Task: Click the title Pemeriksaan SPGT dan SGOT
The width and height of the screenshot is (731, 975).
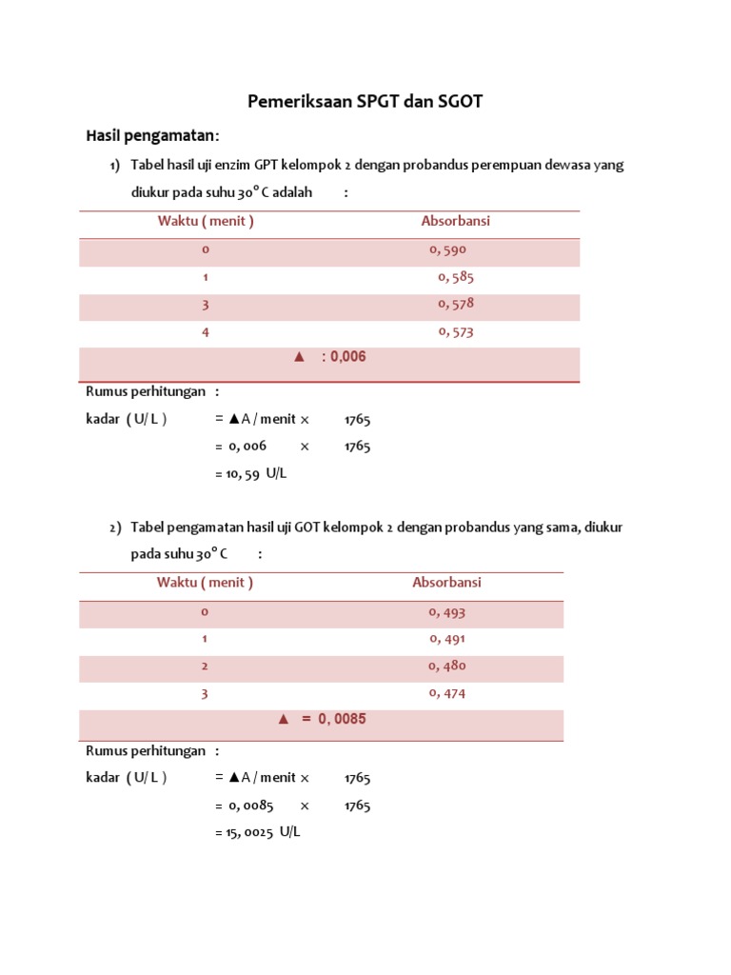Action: (365, 101)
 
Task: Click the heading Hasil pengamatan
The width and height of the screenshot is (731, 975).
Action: (152, 135)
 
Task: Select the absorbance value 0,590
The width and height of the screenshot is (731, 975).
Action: (447, 250)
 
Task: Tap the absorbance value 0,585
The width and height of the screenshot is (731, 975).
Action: (456, 278)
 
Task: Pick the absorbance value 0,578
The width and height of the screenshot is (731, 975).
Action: (456, 305)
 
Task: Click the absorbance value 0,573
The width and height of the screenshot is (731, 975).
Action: (456, 332)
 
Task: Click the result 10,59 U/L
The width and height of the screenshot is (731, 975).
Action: (250, 473)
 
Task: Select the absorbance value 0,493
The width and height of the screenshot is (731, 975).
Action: (447, 612)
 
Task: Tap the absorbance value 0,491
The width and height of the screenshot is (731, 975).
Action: (447, 639)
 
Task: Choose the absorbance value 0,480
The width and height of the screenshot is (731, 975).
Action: (447, 667)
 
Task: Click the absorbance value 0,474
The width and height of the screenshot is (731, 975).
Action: (447, 693)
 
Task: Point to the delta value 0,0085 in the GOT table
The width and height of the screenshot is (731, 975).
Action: (333, 719)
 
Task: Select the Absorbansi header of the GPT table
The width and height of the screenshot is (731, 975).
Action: (456, 222)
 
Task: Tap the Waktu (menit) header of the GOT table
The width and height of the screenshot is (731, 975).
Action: (205, 583)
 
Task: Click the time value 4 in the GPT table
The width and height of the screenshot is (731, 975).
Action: (205, 332)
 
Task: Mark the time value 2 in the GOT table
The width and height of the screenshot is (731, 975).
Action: (204, 667)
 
